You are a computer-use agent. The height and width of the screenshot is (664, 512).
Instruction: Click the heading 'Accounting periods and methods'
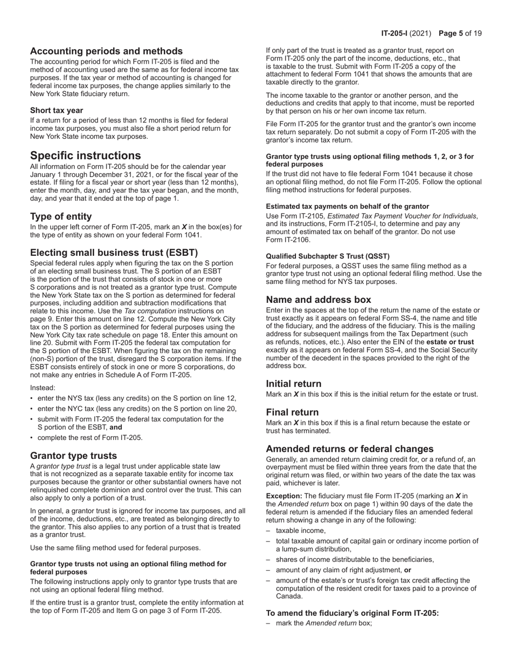pos(106,51)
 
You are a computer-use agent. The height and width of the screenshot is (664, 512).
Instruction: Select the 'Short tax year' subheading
pos(57,110)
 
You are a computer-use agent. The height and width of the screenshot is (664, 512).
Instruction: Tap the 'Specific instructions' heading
pos(85,155)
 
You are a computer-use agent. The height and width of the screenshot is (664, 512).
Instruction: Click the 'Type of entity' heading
pos(61,216)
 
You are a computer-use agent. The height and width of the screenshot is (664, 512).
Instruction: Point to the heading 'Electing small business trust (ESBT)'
pos(114,253)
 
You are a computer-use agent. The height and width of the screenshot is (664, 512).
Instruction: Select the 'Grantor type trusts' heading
pos(73,456)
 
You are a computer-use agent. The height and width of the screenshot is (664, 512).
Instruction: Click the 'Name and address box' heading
pos(318,300)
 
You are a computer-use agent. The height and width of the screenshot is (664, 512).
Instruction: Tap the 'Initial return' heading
pos(294,384)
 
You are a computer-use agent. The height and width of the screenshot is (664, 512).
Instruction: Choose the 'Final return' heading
pos(292,412)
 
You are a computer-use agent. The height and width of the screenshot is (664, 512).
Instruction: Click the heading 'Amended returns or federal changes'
pos(350,449)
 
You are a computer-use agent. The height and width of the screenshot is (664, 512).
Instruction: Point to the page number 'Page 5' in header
pos(451,33)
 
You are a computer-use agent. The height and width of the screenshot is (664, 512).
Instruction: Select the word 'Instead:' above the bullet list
pos(43,388)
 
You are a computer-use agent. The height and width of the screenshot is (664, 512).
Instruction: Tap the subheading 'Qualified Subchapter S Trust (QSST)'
pos(328,256)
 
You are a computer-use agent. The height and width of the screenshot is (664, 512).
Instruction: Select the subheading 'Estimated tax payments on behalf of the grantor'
pos(347,206)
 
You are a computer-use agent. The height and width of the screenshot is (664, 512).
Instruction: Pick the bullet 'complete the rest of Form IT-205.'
pos(90,437)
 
